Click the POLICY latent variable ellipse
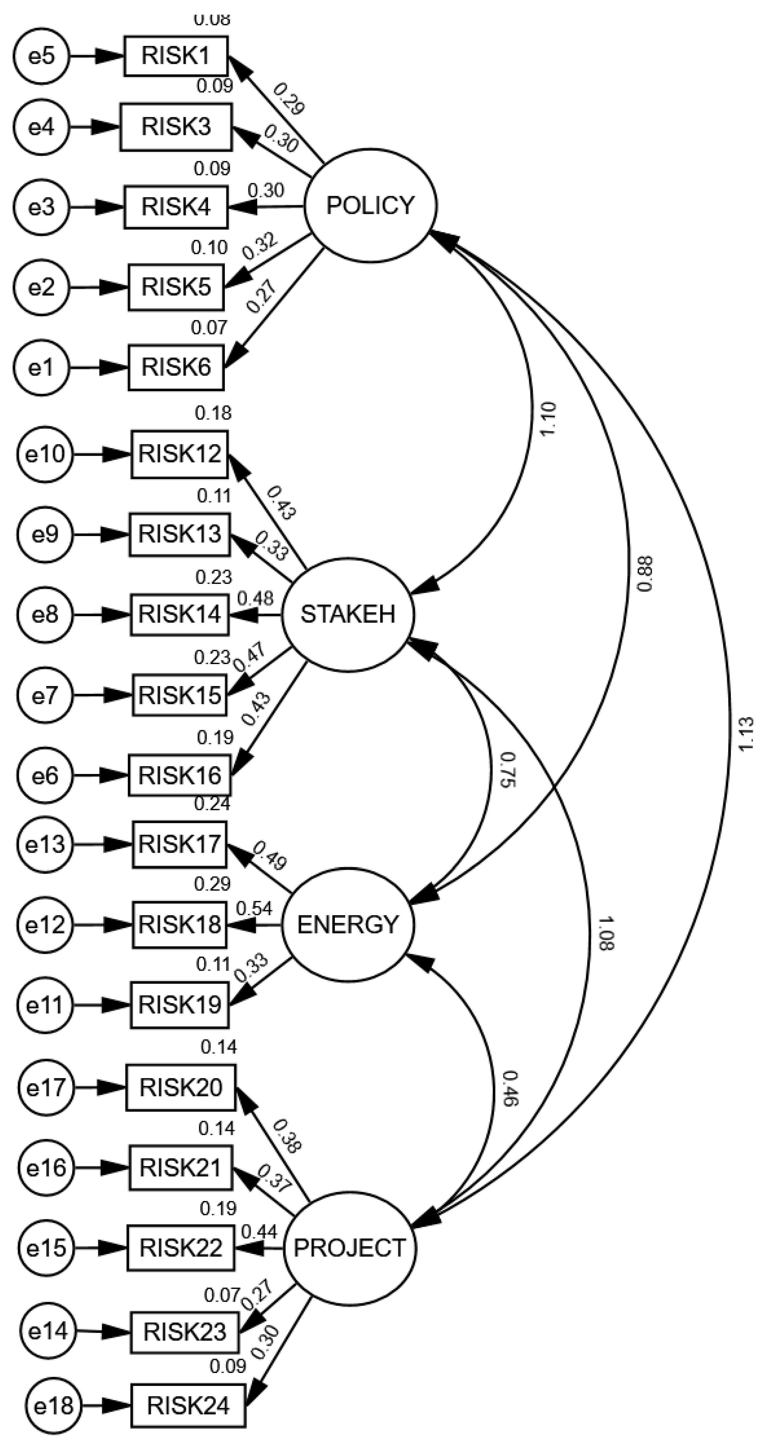[370, 205]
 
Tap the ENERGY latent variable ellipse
[348, 925]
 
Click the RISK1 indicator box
[176, 56]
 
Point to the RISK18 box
[180, 925]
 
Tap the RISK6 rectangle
[176, 368]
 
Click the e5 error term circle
[42, 56]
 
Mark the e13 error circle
[46, 844]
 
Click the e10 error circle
[46, 454]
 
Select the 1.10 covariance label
[547, 420]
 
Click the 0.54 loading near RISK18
[255, 909]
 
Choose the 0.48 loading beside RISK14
[256, 598]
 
